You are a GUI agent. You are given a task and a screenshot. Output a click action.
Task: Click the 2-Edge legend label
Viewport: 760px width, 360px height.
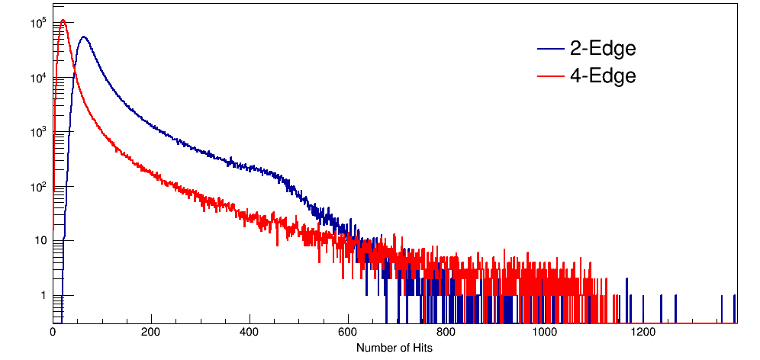(603, 50)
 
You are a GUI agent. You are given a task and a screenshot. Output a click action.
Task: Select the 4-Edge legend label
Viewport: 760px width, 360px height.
(603, 76)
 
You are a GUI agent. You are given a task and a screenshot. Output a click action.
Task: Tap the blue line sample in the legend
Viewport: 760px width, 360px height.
(550, 50)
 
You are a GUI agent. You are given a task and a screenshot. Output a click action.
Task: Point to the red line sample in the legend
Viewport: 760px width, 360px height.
(550, 76)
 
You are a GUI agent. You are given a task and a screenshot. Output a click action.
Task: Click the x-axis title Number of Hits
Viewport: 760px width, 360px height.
(394, 348)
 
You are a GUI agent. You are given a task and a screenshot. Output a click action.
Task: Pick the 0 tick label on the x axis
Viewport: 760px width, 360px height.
(53, 333)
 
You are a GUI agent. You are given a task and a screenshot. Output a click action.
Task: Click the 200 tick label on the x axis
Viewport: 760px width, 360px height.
(151, 333)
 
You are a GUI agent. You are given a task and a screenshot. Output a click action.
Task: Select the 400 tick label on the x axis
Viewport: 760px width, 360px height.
(250, 333)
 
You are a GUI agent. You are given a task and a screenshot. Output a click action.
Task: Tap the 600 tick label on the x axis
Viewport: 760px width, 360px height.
(348, 333)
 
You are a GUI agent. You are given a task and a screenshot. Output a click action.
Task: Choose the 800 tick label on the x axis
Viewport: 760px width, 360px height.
(446, 333)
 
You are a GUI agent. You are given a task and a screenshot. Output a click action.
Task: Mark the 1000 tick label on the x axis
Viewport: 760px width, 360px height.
(545, 333)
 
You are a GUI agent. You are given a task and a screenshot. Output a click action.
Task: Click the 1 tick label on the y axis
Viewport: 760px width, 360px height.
(43, 295)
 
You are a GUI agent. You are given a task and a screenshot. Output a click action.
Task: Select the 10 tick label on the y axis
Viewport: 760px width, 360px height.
(42, 241)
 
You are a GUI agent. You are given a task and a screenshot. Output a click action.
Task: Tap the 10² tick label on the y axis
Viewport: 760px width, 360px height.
(40, 186)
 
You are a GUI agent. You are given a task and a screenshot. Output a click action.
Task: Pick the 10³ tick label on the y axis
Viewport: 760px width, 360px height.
(40, 132)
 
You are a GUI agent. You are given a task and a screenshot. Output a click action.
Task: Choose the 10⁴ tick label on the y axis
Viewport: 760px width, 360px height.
(40, 77)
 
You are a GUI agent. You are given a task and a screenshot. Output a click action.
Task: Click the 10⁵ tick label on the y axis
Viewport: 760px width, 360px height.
(40, 23)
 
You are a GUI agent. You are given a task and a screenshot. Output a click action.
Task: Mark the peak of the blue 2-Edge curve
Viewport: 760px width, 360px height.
(83, 37)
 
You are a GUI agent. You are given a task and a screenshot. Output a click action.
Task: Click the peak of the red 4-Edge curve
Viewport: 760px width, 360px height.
(63, 21)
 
